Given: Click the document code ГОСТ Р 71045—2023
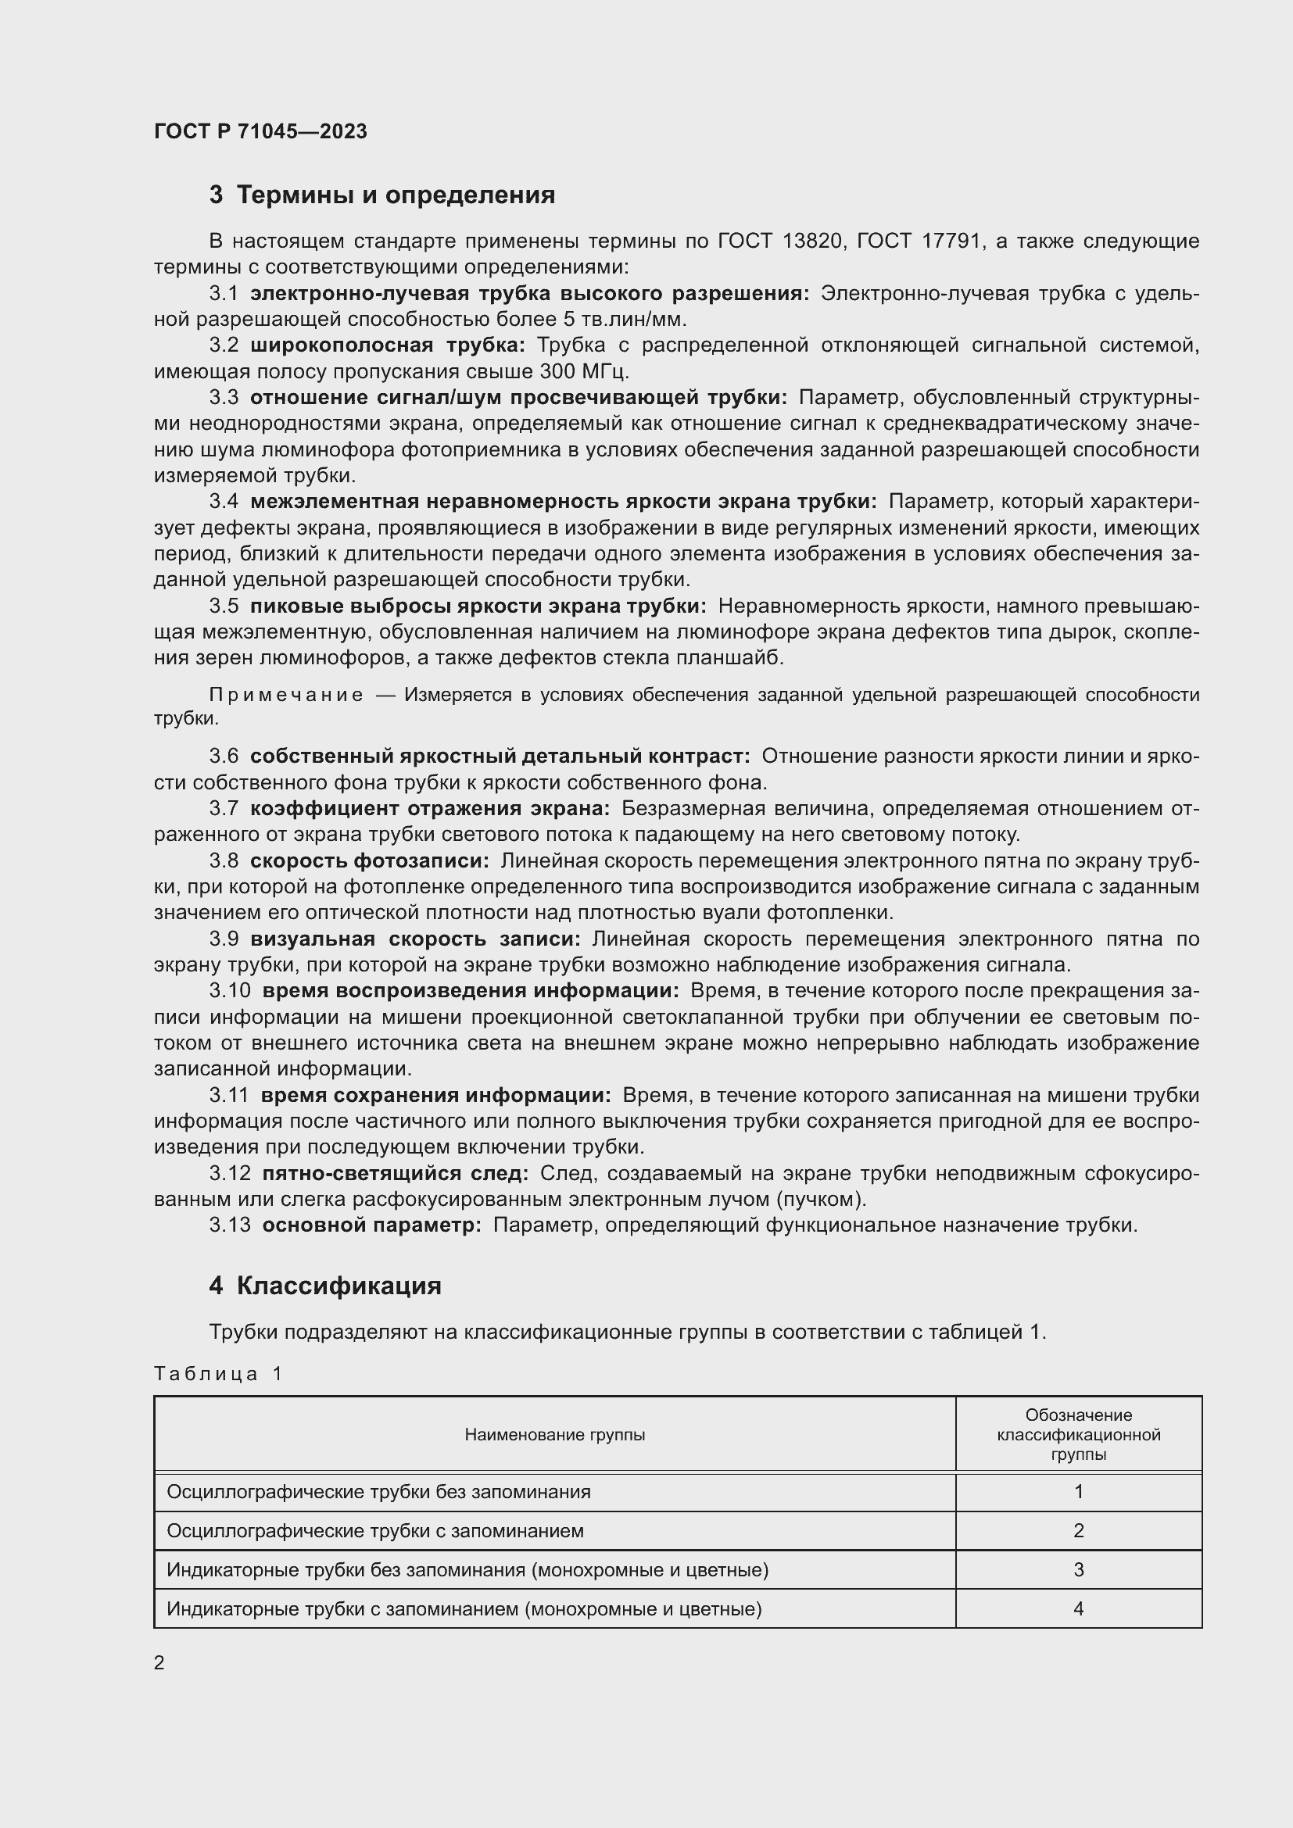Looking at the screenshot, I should click(x=260, y=132).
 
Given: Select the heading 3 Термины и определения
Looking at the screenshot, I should click(x=382, y=195).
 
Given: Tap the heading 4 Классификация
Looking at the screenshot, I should click(x=325, y=1286).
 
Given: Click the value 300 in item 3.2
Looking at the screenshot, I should click(x=561, y=372).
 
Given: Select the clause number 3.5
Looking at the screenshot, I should click(x=224, y=606).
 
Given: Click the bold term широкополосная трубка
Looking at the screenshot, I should click(x=387, y=345).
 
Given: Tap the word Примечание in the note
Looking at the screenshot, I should click(x=286, y=695).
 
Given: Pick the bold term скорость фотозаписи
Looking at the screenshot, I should click(x=370, y=860).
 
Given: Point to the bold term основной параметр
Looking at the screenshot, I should click(x=371, y=1225).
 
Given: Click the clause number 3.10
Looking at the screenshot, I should click(x=229, y=991).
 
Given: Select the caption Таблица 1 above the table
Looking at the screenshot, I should click(x=218, y=1373).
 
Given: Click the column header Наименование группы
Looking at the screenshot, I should click(x=554, y=1435).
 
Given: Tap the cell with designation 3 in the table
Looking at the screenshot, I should click(x=1078, y=1570).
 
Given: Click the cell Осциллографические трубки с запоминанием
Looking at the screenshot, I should click(x=375, y=1531).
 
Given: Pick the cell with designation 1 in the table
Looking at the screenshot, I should click(x=1078, y=1492).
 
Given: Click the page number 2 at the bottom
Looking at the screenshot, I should click(x=159, y=1662).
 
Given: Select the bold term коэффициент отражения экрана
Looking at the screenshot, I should click(x=430, y=809).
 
